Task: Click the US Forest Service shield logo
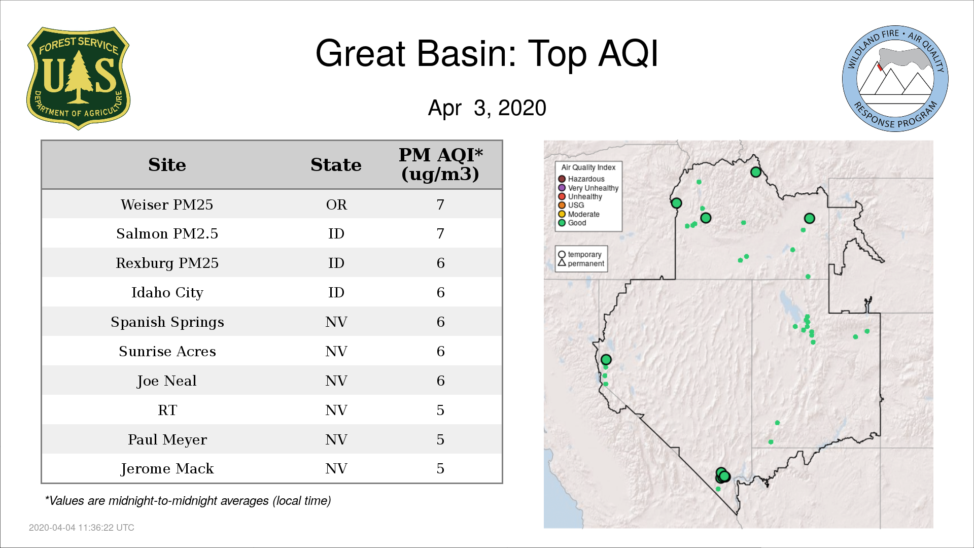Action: point(78,78)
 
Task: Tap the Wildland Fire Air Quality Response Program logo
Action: point(895,79)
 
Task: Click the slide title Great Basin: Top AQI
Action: point(487,53)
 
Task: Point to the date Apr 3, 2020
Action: point(487,108)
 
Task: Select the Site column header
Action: point(167,165)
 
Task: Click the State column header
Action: point(336,165)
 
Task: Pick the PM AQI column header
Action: point(440,164)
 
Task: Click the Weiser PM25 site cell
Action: point(167,204)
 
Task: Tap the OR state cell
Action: point(336,204)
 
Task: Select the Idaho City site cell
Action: point(167,293)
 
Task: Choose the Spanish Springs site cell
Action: point(167,322)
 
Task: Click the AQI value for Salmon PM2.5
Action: point(440,234)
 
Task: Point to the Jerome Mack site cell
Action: point(167,469)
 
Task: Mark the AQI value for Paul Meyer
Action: point(440,439)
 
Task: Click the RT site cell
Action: point(167,410)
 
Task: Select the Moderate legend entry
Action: point(579,214)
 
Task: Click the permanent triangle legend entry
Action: point(581,263)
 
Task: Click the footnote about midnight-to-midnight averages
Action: point(188,501)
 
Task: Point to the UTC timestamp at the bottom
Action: point(82,528)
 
